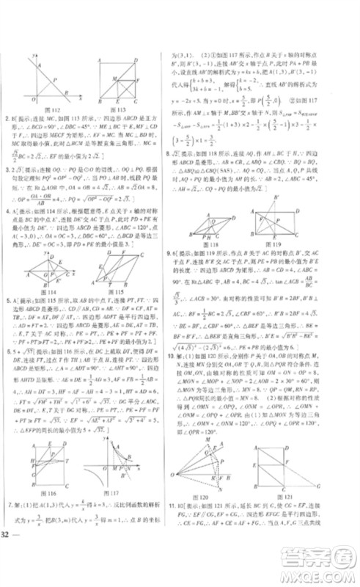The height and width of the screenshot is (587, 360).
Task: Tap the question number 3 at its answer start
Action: tap(7, 168)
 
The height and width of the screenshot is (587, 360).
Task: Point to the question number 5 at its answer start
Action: tap(7, 299)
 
